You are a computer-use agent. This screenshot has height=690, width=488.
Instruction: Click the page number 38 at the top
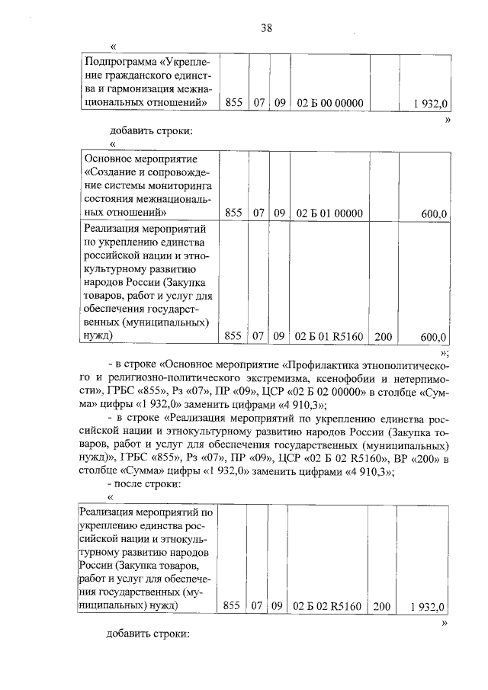tap(266, 28)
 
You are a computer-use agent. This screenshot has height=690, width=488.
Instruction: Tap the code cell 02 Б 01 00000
tap(329, 213)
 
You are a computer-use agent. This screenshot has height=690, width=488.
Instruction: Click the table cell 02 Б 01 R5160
tap(329, 335)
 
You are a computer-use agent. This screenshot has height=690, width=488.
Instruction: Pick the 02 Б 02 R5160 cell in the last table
tap(329, 606)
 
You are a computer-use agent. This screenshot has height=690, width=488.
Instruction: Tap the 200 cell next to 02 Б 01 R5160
tap(380, 335)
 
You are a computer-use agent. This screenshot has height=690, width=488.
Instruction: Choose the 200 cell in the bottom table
tap(380, 606)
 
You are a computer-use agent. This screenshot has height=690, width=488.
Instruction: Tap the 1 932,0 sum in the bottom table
tap(426, 606)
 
